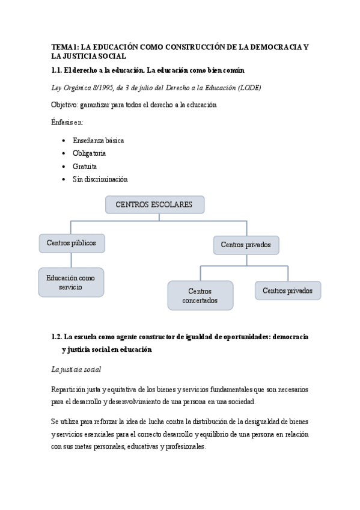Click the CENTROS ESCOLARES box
click(x=154, y=204)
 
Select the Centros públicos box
click(x=72, y=243)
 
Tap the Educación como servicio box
click(x=71, y=283)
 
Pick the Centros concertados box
click(x=200, y=295)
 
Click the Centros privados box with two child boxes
click(x=246, y=245)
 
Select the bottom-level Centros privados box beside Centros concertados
click(x=288, y=290)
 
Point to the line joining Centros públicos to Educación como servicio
click(x=72, y=260)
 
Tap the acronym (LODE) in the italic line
click(x=249, y=88)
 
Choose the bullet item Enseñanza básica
click(x=98, y=140)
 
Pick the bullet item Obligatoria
click(x=89, y=153)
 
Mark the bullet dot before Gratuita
click(x=64, y=167)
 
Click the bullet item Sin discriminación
click(x=100, y=179)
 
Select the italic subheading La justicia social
click(x=76, y=369)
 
